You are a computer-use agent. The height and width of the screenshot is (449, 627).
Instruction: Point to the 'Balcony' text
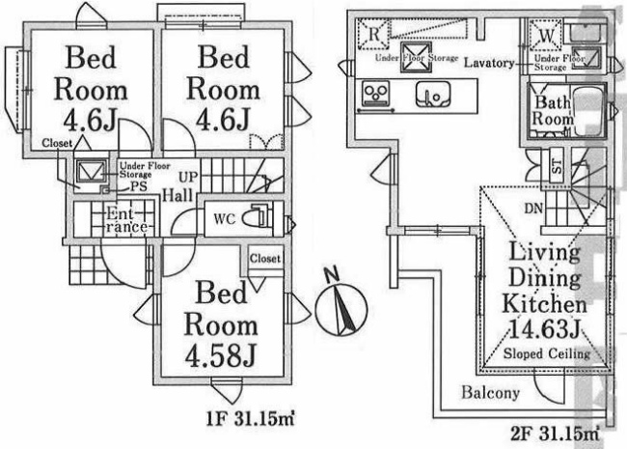(x=490, y=393)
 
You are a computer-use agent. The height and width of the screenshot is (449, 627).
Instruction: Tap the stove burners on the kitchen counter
(x=373, y=95)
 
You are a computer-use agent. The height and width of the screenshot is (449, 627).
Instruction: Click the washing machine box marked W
(x=546, y=34)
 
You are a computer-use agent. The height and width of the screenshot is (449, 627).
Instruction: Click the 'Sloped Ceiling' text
(x=547, y=354)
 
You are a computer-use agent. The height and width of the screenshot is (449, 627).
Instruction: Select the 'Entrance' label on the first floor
(x=125, y=219)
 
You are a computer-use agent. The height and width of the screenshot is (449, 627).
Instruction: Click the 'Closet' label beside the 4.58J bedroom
(x=265, y=259)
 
